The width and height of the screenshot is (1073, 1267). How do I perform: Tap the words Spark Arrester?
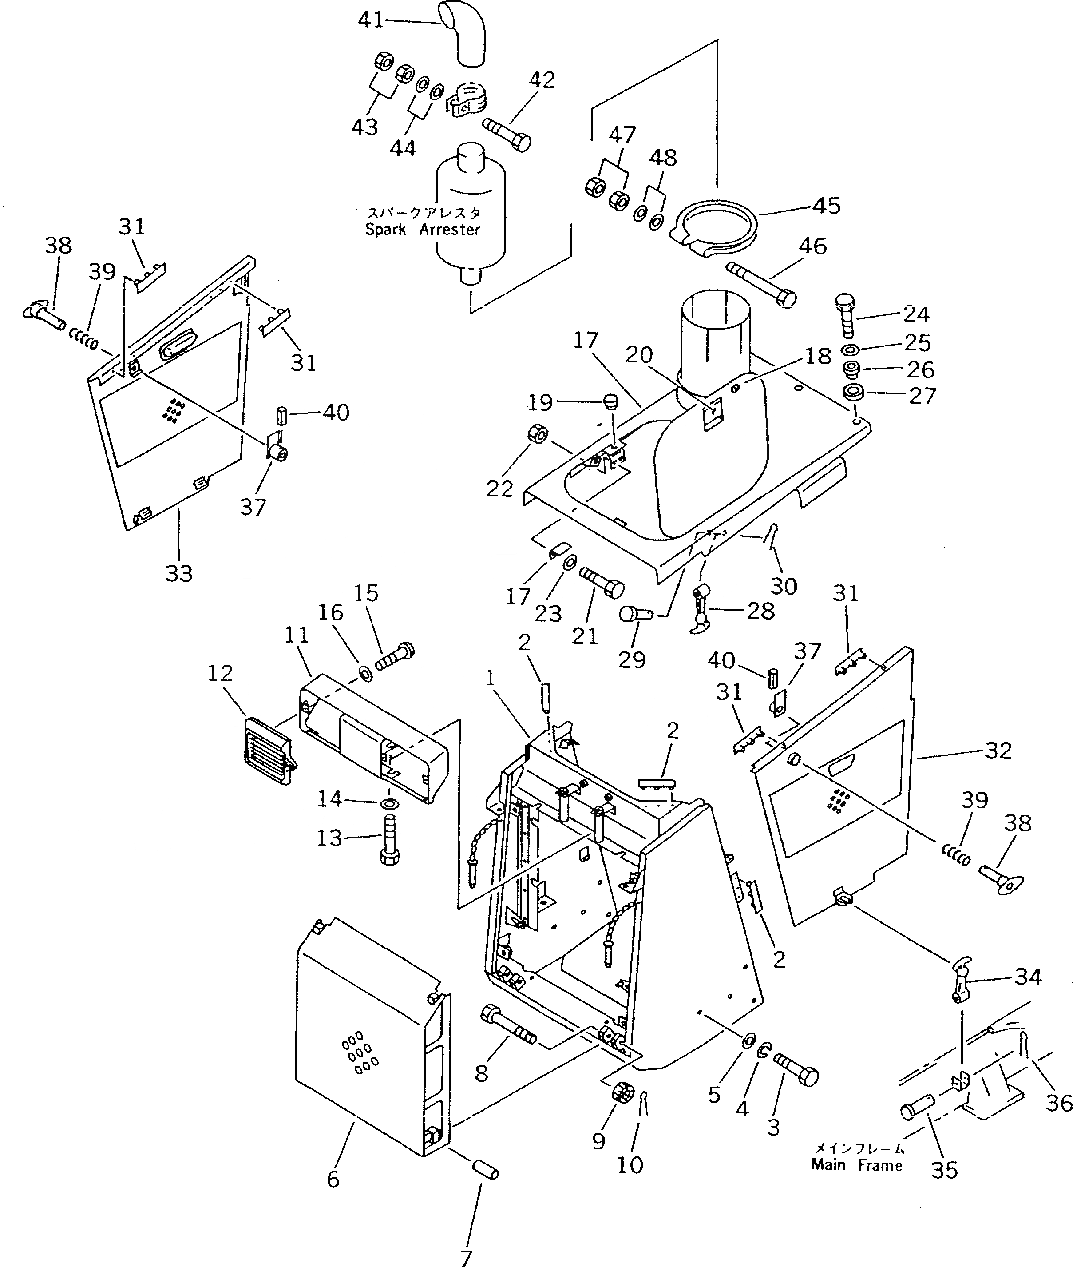422,230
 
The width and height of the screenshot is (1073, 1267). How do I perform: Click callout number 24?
916,314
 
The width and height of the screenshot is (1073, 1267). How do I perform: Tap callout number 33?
179,572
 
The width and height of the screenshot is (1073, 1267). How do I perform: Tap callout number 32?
998,751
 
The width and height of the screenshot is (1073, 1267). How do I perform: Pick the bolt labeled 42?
506,134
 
